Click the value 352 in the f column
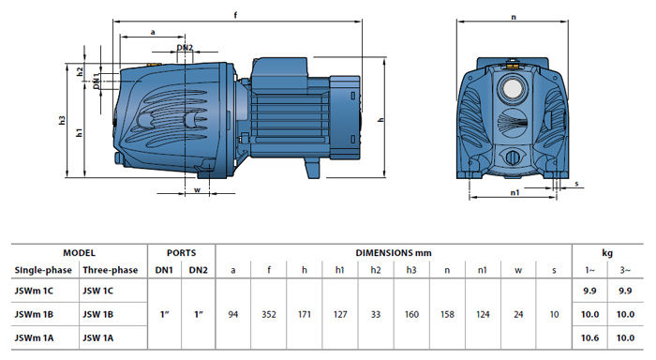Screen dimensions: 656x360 coord(269,314)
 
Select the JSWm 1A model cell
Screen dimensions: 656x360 coord(34,337)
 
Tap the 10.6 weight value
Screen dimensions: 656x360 coord(589,337)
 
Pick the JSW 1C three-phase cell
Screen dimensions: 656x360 coord(97,291)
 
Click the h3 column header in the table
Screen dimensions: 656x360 coord(411,270)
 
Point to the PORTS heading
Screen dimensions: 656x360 coord(181,253)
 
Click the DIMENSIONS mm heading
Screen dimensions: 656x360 coord(394,253)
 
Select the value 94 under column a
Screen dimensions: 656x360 coord(233,314)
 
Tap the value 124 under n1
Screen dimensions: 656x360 coord(483,314)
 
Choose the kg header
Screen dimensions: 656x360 coord(607,253)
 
